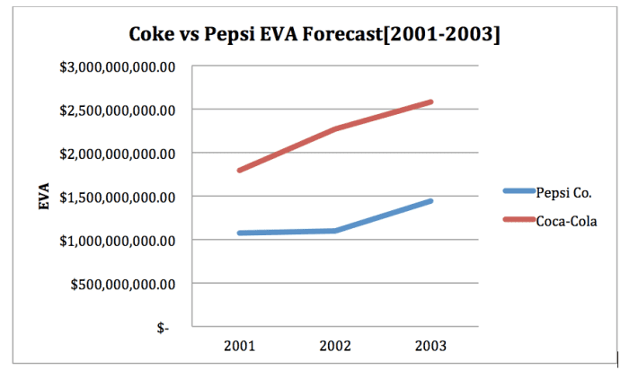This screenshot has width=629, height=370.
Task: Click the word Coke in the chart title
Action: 155,35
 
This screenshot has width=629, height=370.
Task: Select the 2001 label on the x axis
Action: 240,346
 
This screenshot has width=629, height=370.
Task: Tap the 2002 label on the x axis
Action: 335,346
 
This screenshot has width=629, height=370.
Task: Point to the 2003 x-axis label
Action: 430,346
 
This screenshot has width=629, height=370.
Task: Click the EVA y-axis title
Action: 43,198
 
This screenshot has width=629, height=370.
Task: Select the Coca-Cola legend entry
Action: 567,219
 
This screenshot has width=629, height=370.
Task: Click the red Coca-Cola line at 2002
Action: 335,129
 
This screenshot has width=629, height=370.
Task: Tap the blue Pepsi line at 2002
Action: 335,231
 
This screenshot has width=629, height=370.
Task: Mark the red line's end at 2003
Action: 430,102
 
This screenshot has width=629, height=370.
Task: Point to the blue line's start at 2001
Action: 240,233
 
